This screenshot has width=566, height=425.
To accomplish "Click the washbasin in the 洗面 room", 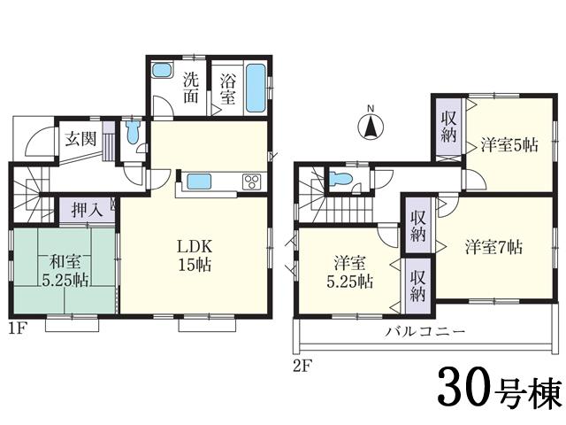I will tap(162, 71).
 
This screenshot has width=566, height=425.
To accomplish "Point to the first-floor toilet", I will tap(133, 134).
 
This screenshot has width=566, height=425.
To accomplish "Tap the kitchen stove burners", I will tap(251, 183).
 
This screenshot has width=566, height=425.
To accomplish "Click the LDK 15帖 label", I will tap(195, 254).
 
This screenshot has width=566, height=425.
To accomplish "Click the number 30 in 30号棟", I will tap(459, 387).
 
